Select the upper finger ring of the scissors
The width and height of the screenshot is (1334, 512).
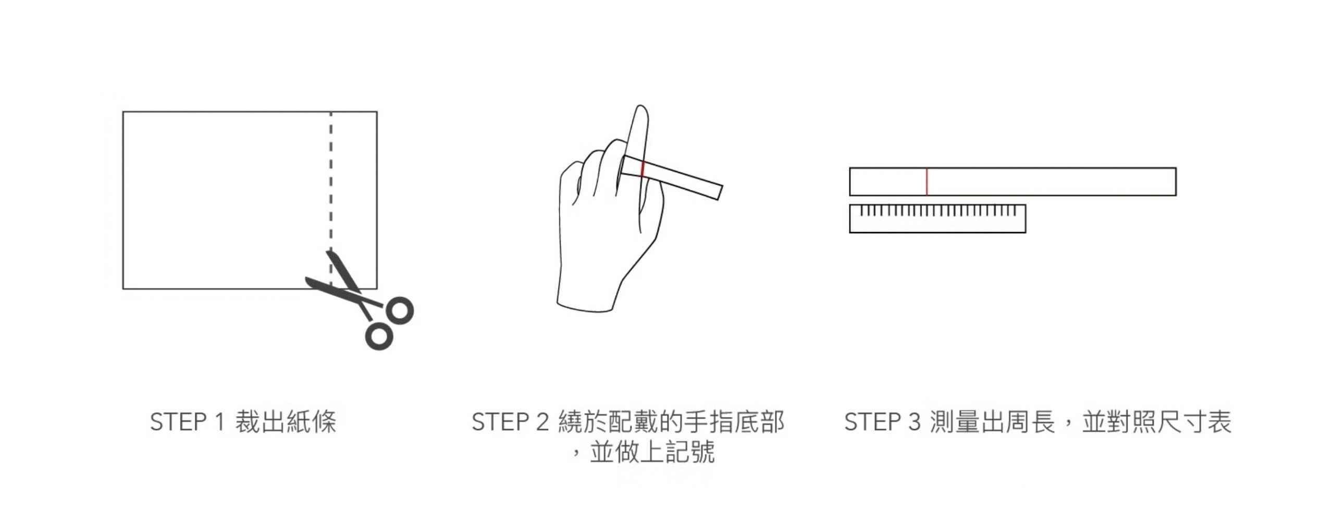pos(399,311)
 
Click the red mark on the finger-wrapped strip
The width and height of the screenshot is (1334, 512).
pos(643,169)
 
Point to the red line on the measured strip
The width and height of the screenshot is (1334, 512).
pos(927,181)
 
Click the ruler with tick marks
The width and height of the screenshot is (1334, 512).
pos(937,218)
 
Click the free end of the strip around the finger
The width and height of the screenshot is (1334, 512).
pos(719,191)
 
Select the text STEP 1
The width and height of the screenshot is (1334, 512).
pos(187,422)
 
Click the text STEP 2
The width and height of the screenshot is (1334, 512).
pos(510,422)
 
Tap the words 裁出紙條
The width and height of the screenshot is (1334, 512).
pos(286,422)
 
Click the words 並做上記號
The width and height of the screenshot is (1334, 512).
pos(652,452)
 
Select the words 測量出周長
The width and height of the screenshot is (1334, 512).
pos(993,422)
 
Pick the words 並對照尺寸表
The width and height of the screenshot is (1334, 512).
pos(1157,422)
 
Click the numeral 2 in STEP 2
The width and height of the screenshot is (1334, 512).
pos(542,422)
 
